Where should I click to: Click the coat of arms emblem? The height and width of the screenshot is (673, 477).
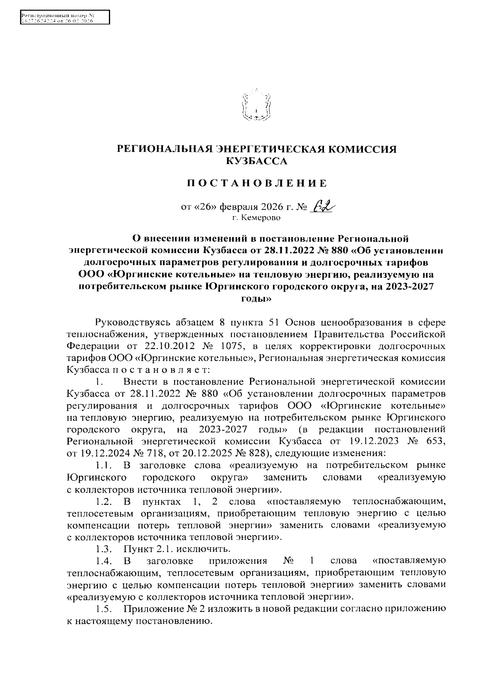pos(257,105)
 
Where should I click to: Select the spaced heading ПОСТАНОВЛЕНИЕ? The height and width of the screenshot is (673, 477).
pos(257,183)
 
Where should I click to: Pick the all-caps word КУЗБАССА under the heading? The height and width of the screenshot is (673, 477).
pos(256,161)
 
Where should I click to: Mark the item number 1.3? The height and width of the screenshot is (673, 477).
pos(102,549)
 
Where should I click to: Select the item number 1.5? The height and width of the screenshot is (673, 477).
pos(102,609)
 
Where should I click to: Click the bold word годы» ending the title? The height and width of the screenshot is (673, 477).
pos(256,298)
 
